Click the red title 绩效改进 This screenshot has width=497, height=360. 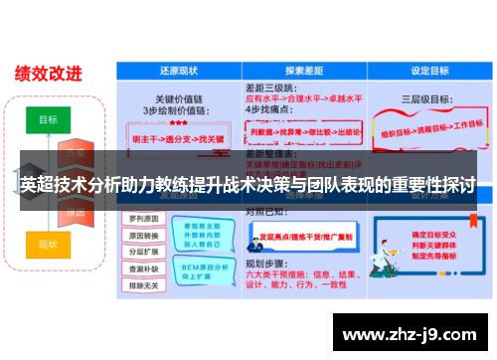[48, 73]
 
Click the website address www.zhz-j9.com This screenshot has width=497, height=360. [408, 334]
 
